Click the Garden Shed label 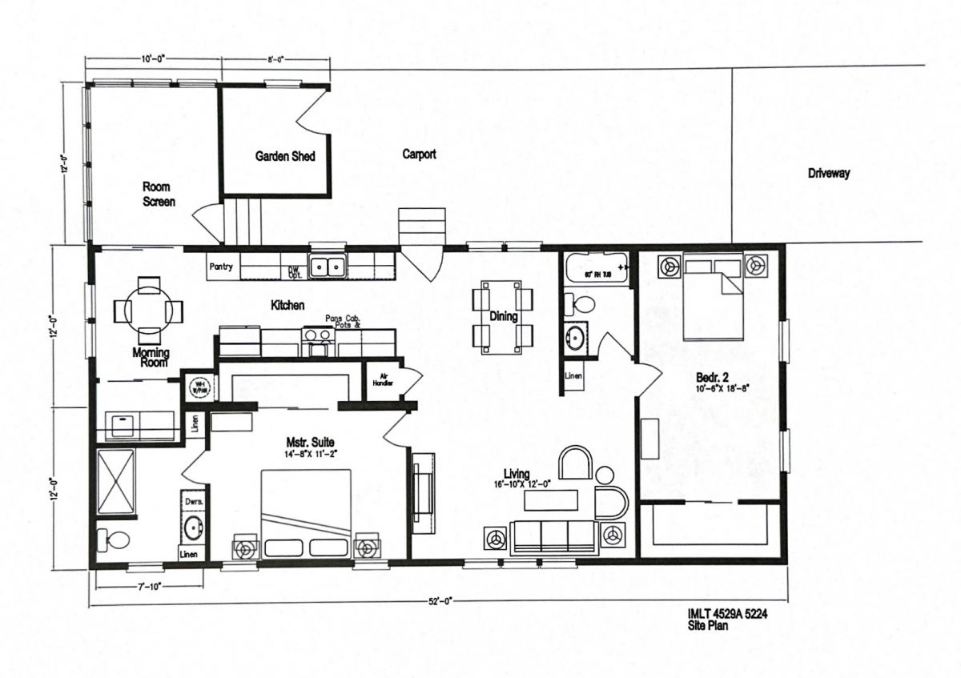click(x=284, y=157)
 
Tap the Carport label click(x=419, y=154)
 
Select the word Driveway click(x=828, y=173)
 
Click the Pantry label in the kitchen click(x=220, y=267)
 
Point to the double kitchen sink click(x=328, y=266)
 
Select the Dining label click(x=503, y=316)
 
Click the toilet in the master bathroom click(x=113, y=538)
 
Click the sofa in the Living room click(x=554, y=536)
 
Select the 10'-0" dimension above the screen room click(x=152, y=59)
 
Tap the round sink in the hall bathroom click(x=576, y=334)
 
